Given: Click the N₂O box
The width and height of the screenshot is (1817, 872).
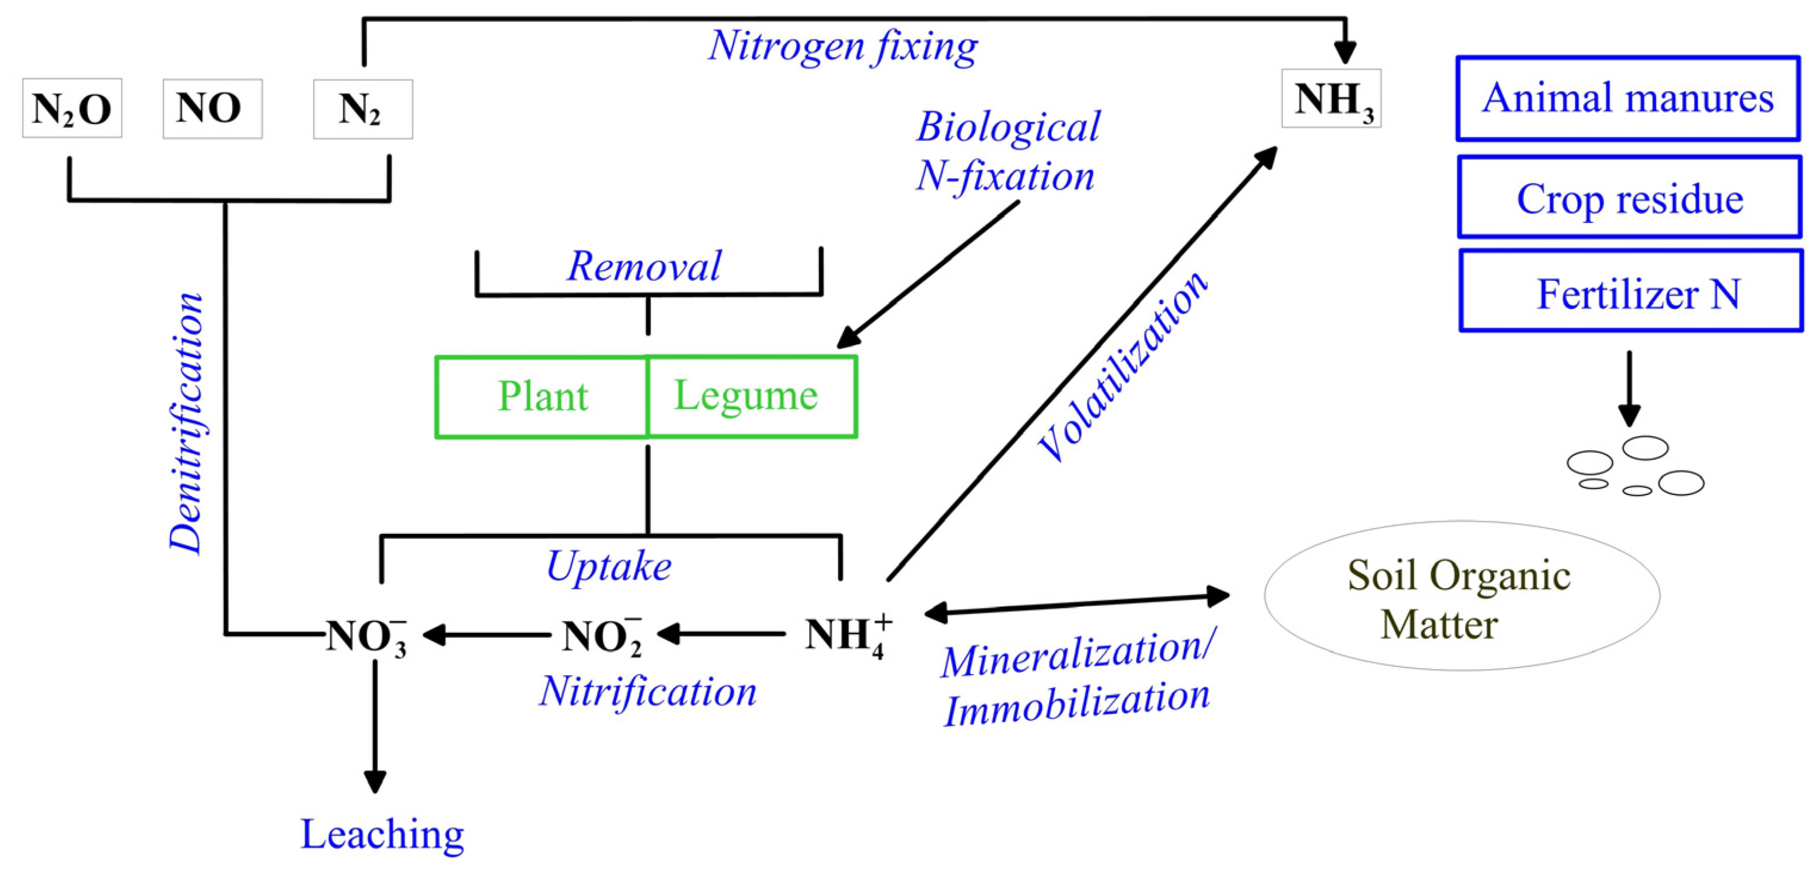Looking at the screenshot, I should pos(72,108).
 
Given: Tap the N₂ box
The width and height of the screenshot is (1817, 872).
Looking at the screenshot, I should pos(363,109).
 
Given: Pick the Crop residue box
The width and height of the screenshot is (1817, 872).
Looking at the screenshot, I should pos(1629,197).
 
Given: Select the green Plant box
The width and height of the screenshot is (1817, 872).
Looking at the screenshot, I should pos(541,397).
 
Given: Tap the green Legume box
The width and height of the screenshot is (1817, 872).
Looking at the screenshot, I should pos(751,396).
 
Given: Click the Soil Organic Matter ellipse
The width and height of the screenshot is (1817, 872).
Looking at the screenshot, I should pos(1462,597).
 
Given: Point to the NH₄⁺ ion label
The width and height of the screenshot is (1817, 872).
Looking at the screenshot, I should pos(846,635).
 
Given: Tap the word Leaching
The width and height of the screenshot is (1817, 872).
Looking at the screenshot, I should pos(382,834).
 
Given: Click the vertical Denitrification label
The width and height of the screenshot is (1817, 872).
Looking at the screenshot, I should pos(187,423).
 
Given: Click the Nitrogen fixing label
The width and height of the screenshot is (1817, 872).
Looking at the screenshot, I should pos(842,47).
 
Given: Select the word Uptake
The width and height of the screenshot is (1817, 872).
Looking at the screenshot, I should pos(609,567).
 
